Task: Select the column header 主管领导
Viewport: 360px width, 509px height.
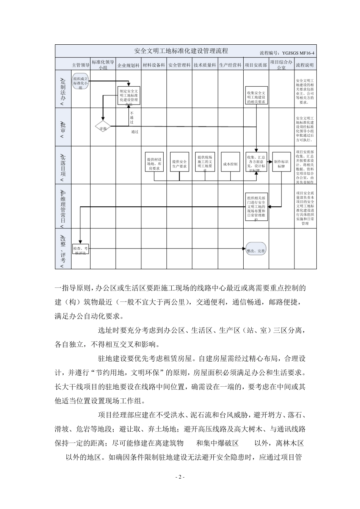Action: pos(80,65)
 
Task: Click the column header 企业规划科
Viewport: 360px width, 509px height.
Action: pos(128,65)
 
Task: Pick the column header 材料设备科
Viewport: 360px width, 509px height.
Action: pos(154,65)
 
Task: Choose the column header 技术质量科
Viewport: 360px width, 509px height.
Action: pos(205,65)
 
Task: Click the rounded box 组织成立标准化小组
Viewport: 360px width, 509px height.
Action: pos(80,82)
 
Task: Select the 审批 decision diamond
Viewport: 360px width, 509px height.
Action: pos(103,126)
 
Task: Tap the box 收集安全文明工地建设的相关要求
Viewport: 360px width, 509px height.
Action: pos(256,97)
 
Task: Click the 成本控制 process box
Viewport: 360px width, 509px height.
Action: pos(230,164)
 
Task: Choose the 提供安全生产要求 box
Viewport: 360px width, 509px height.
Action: pos(179,164)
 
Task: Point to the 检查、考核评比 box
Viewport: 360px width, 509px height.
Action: pos(80,250)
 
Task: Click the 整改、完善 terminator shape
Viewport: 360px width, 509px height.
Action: pos(256,250)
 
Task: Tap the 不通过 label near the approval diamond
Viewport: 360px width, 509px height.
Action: pos(132,117)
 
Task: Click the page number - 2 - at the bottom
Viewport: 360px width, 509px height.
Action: pos(180,477)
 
